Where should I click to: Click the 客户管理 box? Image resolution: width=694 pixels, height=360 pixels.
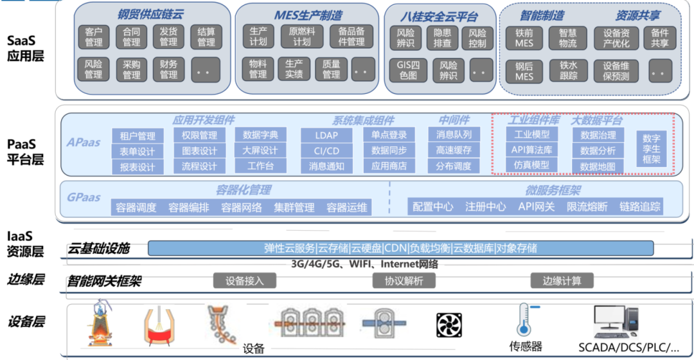pos(93,37)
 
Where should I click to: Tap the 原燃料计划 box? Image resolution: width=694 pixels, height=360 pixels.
pos(302,36)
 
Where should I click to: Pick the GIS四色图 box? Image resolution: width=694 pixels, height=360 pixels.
pos(408,71)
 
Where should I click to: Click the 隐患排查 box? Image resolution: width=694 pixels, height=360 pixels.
pos(442,38)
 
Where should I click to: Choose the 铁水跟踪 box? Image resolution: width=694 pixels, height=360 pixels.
pos(568,71)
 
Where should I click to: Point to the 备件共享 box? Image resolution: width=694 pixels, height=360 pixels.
pos(659,38)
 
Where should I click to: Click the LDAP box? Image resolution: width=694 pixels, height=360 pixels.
pos(326,136)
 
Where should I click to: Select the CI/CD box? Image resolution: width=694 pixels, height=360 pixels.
pos(326,151)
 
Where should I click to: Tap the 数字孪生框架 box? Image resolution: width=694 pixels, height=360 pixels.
pos(651,148)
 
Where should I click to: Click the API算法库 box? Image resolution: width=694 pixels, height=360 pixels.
pos(531,150)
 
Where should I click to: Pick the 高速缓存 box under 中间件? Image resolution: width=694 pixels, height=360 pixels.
pos(454,150)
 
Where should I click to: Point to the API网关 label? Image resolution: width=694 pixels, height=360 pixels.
pos(536,207)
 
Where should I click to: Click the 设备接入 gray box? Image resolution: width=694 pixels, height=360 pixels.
pos(245,281)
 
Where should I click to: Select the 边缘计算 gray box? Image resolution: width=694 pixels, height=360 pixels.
pos(562,281)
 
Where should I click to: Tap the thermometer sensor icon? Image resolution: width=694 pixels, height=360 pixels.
pos(526,319)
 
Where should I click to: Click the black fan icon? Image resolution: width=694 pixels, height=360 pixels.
pos(449,325)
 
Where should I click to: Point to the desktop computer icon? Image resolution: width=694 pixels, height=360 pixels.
pos(616,322)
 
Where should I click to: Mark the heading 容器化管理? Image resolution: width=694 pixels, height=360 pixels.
pos(243,190)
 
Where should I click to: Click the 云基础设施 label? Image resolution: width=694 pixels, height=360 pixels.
pos(98,249)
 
